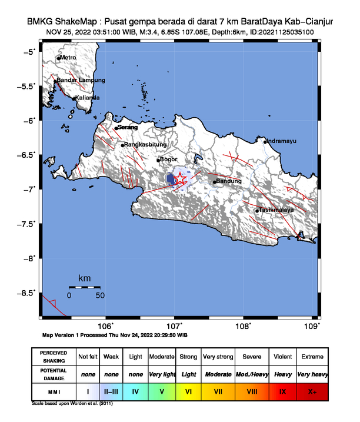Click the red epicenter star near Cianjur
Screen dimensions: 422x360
tap(180, 180)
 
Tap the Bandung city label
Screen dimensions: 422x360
tap(229, 181)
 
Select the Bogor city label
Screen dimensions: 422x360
tap(169, 160)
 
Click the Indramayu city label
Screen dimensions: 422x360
tap(281, 141)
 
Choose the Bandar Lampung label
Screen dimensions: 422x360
tap(81, 80)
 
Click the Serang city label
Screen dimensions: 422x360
tap(128, 127)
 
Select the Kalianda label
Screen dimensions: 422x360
tap(87, 98)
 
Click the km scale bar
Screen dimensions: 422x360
tap(84, 287)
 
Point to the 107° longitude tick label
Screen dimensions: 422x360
tap(175, 327)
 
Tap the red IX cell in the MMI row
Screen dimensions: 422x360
tap(282, 390)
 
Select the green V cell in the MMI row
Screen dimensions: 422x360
tap(161, 390)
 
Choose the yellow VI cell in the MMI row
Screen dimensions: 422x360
tap(188, 390)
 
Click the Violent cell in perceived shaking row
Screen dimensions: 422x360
tap(282, 357)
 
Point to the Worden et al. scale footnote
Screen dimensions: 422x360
tap(72, 404)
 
